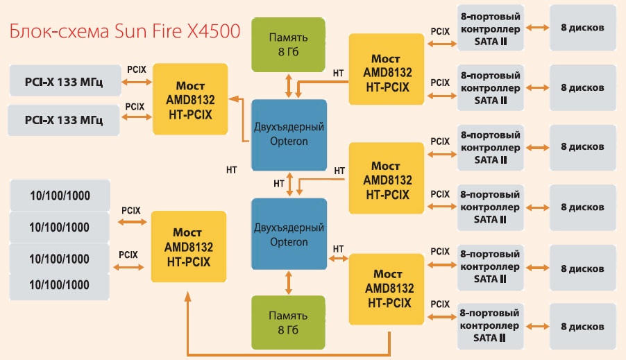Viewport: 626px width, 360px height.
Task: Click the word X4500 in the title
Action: tap(208, 31)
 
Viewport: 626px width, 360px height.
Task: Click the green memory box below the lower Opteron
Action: tap(288, 321)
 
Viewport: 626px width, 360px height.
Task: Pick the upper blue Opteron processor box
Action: tap(289, 135)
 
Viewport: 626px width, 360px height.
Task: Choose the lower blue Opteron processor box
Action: tap(289, 234)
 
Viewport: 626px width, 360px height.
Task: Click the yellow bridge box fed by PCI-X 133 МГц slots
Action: tap(190, 99)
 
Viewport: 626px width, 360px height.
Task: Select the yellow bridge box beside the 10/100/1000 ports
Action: tap(188, 246)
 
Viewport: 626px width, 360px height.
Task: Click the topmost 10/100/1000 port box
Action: tap(60, 196)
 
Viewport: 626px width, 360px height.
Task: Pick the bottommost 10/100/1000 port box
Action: tap(60, 284)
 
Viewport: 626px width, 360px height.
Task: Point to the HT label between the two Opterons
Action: tap(279, 184)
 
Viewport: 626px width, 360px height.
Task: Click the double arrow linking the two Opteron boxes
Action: tap(299, 185)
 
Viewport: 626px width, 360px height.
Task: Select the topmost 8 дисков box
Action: tap(582, 28)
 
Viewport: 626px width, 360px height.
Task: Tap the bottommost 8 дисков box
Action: tap(582, 327)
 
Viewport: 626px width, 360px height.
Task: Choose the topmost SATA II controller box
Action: tap(490, 28)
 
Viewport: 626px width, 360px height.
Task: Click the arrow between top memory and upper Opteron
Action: tap(288, 85)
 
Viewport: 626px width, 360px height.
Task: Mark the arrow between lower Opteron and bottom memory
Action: tap(288, 282)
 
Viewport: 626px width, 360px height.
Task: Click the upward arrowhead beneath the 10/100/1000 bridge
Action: tap(187, 296)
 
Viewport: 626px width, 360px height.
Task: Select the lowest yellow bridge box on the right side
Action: tap(386, 289)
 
